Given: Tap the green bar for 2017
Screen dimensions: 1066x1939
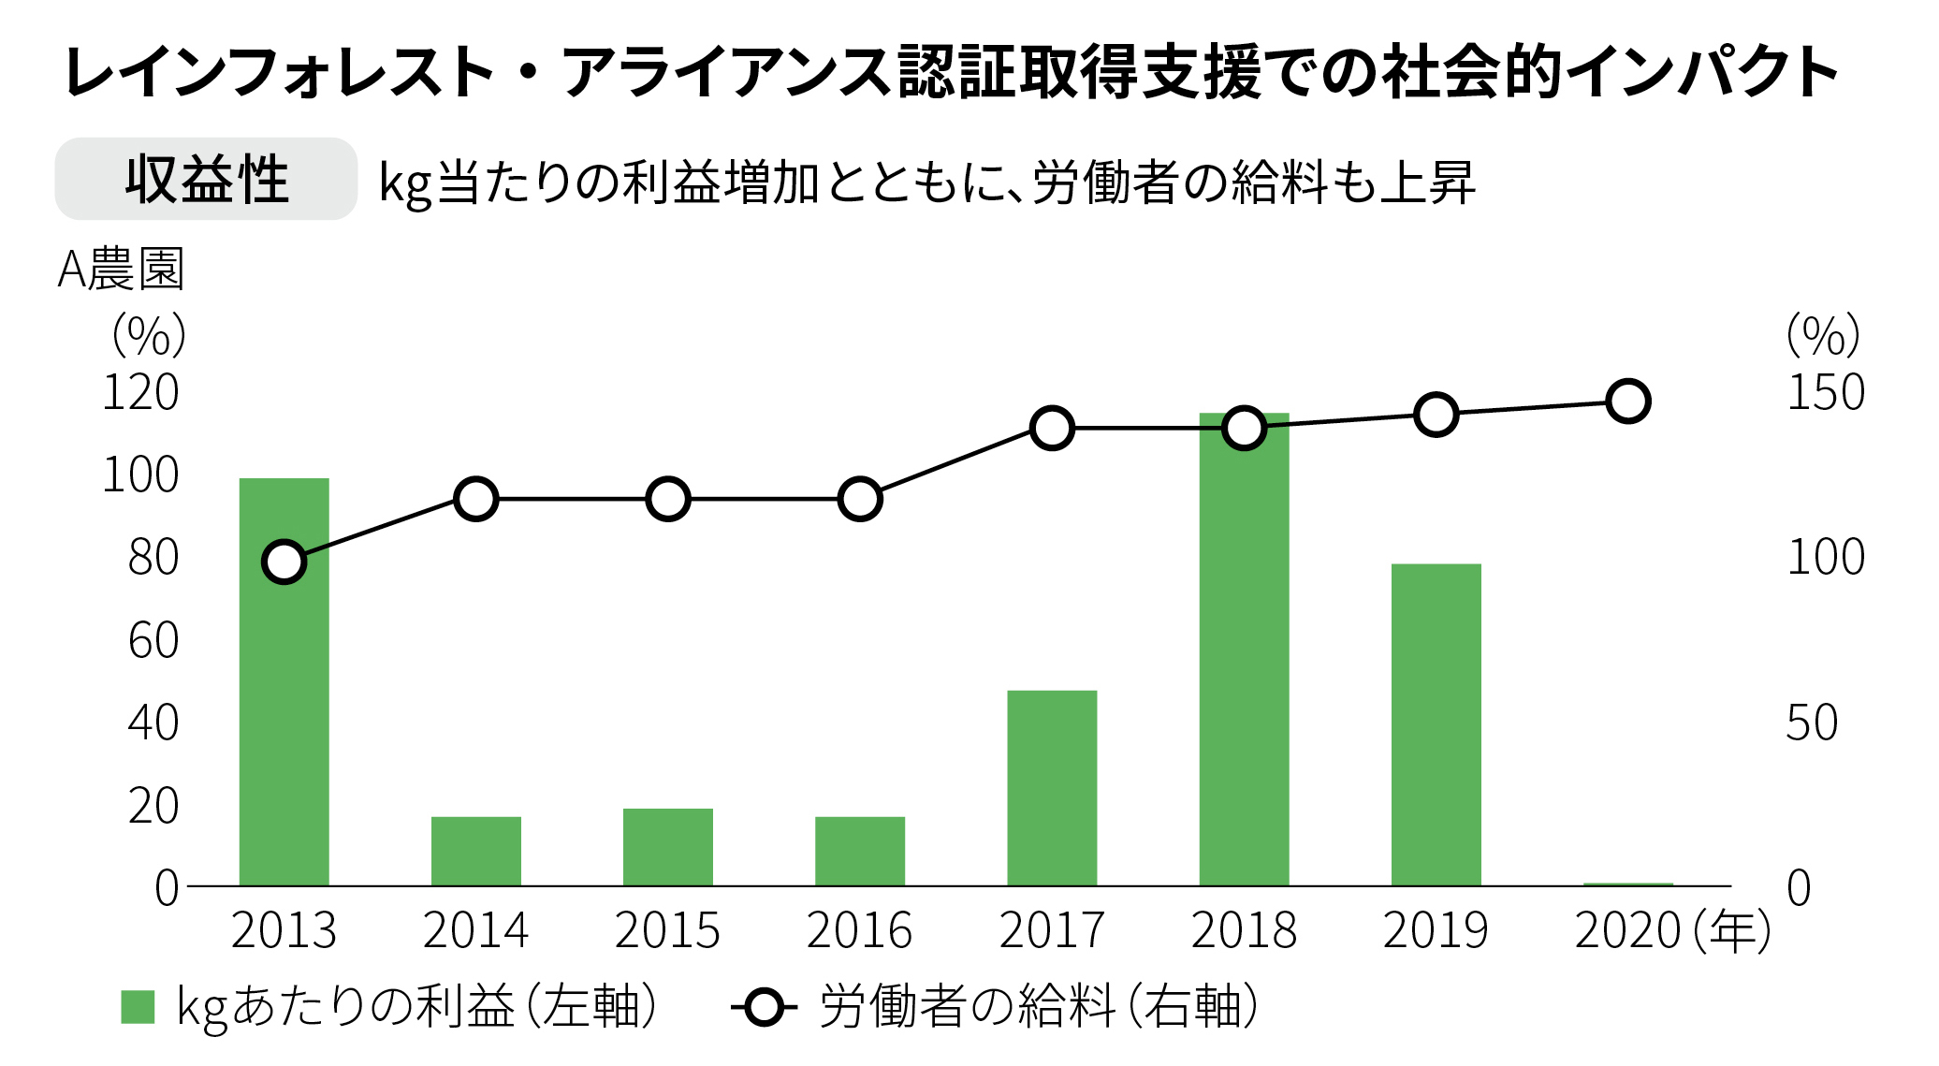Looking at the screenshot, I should pyautogui.click(x=1052, y=787).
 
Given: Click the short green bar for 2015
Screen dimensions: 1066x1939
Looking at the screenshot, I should pyautogui.click(x=667, y=846).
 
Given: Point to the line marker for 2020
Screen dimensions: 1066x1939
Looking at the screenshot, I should pyautogui.click(x=1627, y=402).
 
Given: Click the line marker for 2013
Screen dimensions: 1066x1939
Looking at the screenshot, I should pyautogui.click(x=284, y=562).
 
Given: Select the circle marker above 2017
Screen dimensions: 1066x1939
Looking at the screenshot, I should pyautogui.click(x=1052, y=429).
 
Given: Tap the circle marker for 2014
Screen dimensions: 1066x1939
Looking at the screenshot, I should pyautogui.click(x=475, y=499).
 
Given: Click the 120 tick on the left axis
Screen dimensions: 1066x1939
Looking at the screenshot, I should pyautogui.click(x=140, y=393).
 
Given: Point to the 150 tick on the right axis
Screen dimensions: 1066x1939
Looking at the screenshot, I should pyautogui.click(x=1825, y=393).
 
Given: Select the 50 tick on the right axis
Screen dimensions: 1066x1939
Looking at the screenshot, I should pyautogui.click(x=1812, y=723).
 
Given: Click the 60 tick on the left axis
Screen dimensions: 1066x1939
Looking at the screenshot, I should pyautogui.click(x=153, y=641).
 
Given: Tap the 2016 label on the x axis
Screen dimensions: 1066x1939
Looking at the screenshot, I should pyautogui.click(x=859, y=931).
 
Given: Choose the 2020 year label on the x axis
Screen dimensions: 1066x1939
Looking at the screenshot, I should pyautogui.click(x=1628, y=931).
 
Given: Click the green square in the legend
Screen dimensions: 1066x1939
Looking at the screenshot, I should pyautogui.click(x=138, y=1007).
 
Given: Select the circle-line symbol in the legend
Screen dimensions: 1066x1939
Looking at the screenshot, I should pyautogui.click(x=765, y=1007).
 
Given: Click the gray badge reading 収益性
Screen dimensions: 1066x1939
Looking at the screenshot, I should pyautogui.click(x=206, y=179).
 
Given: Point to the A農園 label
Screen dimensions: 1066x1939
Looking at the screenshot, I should pyautogui.click(x=121, y=270).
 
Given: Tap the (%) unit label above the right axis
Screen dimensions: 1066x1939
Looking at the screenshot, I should pyautogui.click(x=1822, y=335).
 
